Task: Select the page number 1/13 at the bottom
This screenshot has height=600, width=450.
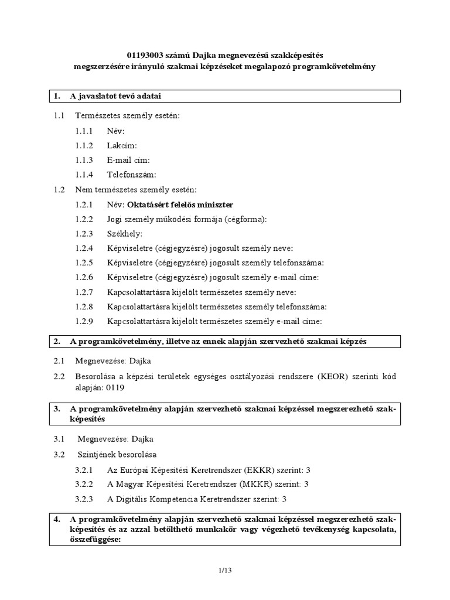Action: [x=225, y=571]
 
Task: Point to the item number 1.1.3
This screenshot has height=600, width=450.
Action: [x=84, y=160]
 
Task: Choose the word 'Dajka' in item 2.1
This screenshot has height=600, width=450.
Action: [x=141, y=361]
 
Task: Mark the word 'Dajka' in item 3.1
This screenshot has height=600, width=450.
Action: [x=143, y=439]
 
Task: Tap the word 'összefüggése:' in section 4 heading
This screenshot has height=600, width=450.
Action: [x=95, y=540]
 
